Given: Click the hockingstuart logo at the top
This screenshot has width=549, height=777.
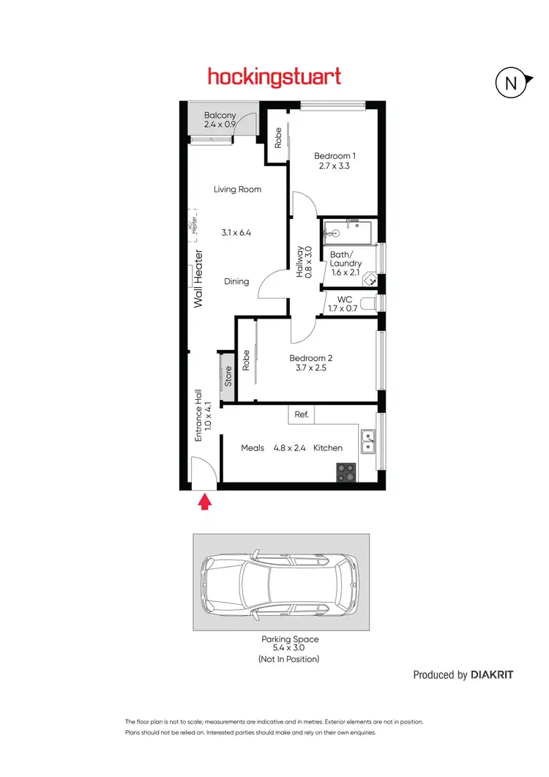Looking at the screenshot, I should (x=274, y=76).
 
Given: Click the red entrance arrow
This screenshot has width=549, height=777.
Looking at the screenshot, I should (x=205, y=502).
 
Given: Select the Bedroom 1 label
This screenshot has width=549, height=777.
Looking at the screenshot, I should (x=335, y=155).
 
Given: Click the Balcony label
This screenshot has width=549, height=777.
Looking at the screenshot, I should (x=220, y=115).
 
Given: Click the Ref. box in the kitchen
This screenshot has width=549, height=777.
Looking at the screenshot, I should (x=302, y=414).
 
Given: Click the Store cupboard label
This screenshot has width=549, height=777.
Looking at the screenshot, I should (x=228, y=376).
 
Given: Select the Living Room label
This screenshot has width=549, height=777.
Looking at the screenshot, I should (x=237, y=189).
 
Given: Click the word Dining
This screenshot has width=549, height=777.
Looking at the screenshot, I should (x=236, y=281).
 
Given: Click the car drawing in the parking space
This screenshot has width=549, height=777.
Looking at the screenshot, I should (x=281, y=582).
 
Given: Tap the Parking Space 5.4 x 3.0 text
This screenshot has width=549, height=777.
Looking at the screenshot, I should (x=290, y=644).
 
